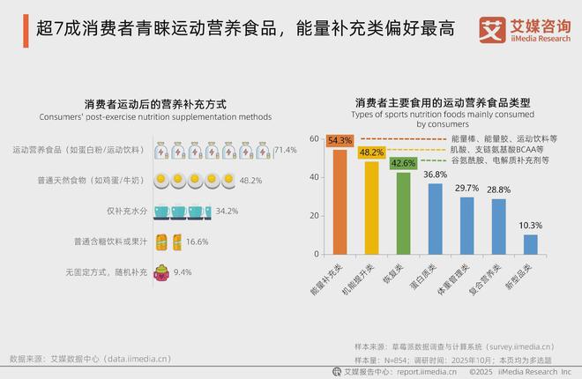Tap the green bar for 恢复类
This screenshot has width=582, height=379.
click(403, 212)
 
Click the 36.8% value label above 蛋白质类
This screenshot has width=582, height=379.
click(435, 175)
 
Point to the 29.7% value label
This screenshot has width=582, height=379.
click(466, 188)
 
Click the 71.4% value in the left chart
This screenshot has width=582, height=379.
click(285, 151)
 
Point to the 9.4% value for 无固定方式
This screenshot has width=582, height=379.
click(183, 272)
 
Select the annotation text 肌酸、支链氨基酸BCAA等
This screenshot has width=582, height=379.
click(498, 150)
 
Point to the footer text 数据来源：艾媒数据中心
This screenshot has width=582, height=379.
click(88, 359)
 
